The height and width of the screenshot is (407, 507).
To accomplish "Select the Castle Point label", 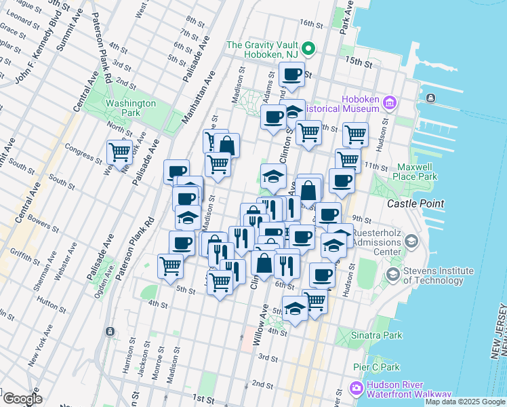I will [415, 203].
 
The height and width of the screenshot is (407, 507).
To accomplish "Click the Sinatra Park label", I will [376, 334].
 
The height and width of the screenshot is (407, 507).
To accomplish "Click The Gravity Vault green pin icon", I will [308, 48].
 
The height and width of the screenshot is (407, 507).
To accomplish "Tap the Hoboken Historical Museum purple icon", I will [389, 103].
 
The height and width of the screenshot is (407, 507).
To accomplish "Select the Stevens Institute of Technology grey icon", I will [392, 275].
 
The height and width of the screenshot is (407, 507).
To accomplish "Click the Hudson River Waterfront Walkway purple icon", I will [357, 389].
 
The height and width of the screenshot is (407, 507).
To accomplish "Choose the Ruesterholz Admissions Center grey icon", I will [411, 242].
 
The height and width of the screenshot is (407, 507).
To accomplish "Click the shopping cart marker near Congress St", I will [120, 153].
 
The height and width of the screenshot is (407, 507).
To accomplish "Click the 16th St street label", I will [312, 24].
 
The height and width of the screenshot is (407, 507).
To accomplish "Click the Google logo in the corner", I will [22, 399].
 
